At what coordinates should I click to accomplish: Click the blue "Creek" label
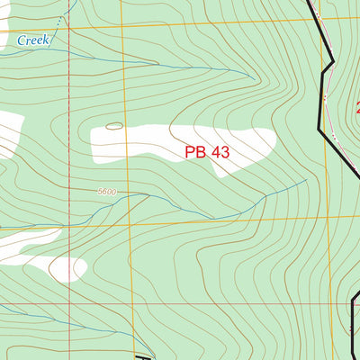pyautogui.click(x=34, y=40)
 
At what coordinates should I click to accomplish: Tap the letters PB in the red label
pyautogui.click(x=196, y=152)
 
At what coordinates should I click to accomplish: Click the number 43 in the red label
pyautogui.click(x=220, y=152)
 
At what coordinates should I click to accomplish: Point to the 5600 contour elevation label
pyautogui.click(x=107, y=192)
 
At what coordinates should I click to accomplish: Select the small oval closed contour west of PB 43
pyautogui.click(x=113, y=126)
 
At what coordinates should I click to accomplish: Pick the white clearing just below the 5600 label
pyautogui.click(x=67, y=267)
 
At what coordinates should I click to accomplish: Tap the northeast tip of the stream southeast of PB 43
pyautogui.click(x=306, y=178)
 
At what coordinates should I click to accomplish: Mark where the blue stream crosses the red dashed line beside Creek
pyautogui.click(x=69, y=49)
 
